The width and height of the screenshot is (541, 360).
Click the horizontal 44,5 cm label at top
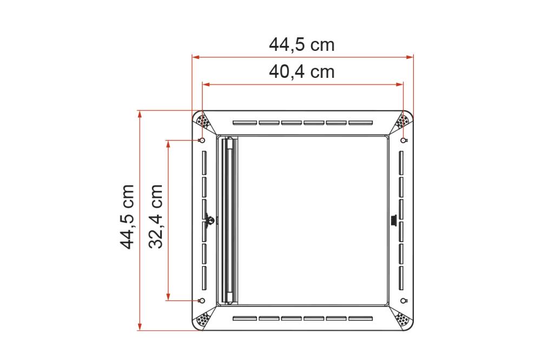coord(302,45)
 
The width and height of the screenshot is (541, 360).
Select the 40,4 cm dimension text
coord(302,71)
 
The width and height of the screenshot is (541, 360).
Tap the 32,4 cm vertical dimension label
coord(156,216)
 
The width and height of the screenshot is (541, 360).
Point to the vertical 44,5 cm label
coord(127,216)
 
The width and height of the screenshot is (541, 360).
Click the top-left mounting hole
coord(202,141)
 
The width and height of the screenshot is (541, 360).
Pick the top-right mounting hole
coord(404,141)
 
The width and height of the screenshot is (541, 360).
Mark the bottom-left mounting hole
coord(202,300)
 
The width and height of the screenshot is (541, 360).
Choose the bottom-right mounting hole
coord(404,300)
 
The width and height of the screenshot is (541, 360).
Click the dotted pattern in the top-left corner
coord(203,121)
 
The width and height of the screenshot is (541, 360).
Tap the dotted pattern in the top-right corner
coord(403,121)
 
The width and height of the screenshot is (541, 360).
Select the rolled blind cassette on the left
coord(229,220)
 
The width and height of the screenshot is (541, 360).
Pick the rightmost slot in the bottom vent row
coord(361,318)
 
